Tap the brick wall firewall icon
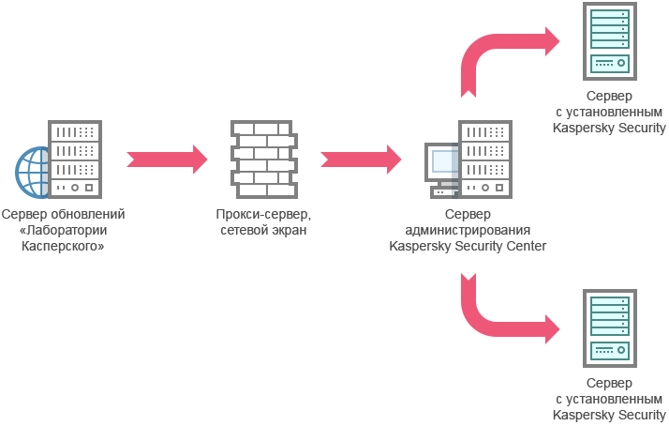pyautogui.click(x=263, y=156)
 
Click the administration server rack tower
pyautogui.click(x=485, y=157)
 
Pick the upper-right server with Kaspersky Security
pyautogui.click(x=609, y=42)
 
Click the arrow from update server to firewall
pyautogui.click(x=167, y=158)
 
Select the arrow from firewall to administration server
pyautogui.click(x=362, y=158)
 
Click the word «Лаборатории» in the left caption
pyautogui.click(x=62, y=230)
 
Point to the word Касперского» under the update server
pyautogui.click(x=62, y=246)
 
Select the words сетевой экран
pyautogui.click(x=263, y=230)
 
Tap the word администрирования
pyautogui.click(x=468, y=230)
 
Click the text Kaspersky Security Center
pyautogui.click(x=468, y=246)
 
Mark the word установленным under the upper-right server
pyautogui.click(x=614, y=113)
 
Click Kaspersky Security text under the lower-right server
pyautogui.click(x=609, y=415)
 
